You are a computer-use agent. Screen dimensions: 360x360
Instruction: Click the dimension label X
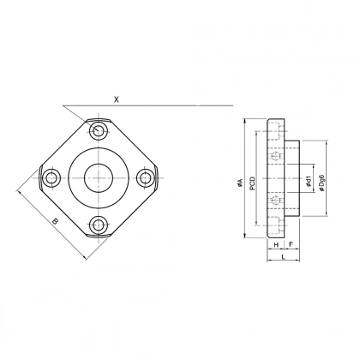coord(116,99)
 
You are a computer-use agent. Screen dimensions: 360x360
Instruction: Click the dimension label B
coord(56,221)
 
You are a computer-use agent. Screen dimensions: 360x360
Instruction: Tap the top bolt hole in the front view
coord(99,131)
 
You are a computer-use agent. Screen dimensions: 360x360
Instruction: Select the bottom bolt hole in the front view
coord(99,225)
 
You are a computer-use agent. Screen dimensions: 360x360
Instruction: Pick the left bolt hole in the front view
coord(51,178)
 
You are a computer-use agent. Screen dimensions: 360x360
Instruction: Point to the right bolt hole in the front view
coord(146,178)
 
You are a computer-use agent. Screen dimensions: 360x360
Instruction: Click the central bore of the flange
coord(99,178)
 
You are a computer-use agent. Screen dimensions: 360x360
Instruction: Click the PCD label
coord(252,183)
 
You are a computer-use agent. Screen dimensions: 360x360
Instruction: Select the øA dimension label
coord(240,183)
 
